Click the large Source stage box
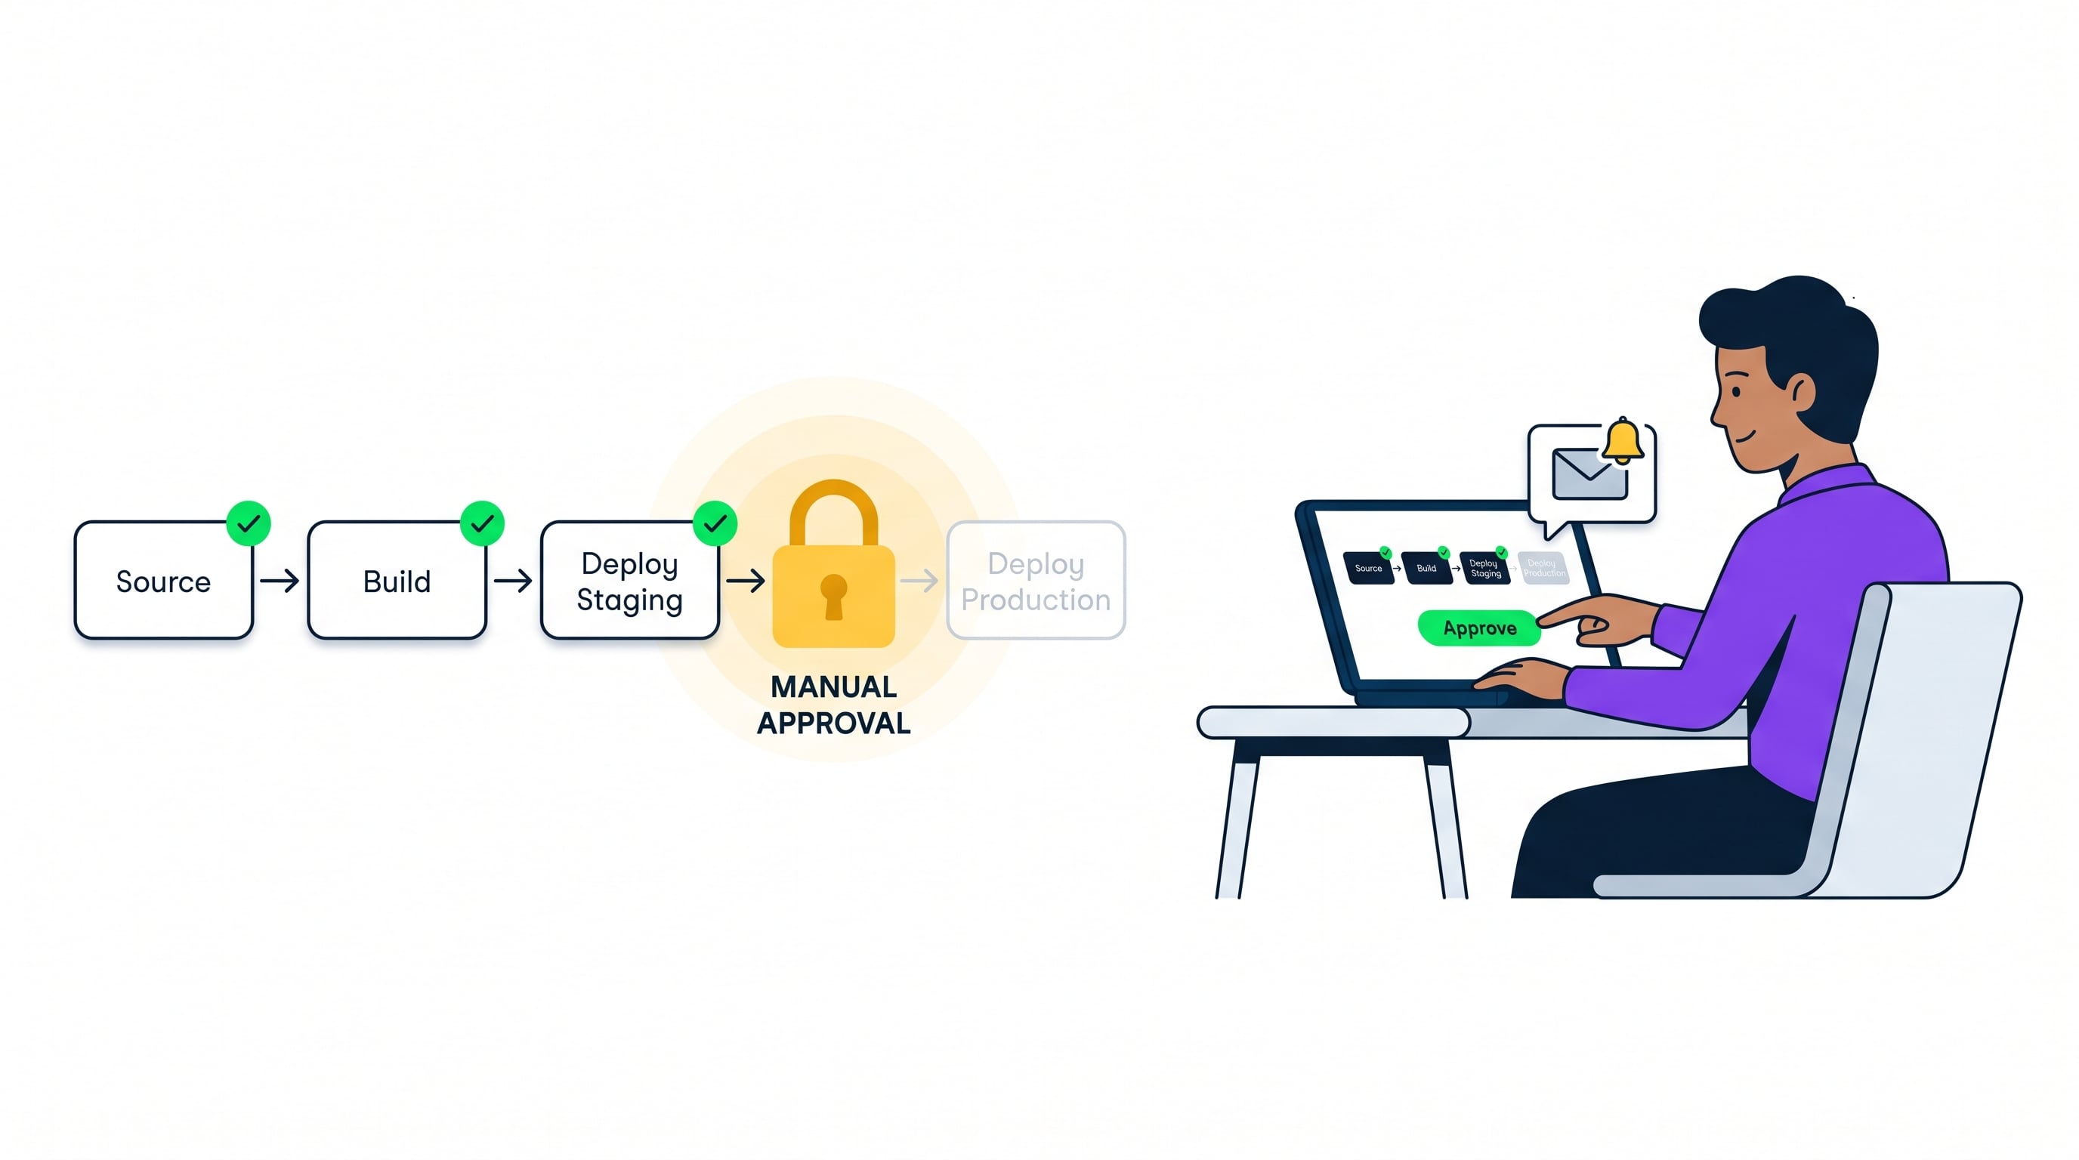[x=163, y=580]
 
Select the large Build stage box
[x=397, y=580]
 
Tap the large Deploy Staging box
[x=629, y=580]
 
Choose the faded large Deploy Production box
[x=1036, y=580]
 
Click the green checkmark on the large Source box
[x=249, y=523]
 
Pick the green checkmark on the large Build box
[x=482, y=523]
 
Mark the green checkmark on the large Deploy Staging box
[x=715, y=523]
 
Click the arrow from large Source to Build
[x=280, y=580]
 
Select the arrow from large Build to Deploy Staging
[x=512, y=580]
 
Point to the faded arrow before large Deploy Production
[x=919, y=580]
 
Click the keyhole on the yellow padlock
[x=834, y=595]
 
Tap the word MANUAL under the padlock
[x=834, y=686]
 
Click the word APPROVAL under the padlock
[x=834, y=723]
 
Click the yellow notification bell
[x=1622, y=440]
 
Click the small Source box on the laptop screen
[x=1369, y=568]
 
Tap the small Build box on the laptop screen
[x=1427, y=568]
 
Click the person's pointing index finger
[x=1562, y=616]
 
